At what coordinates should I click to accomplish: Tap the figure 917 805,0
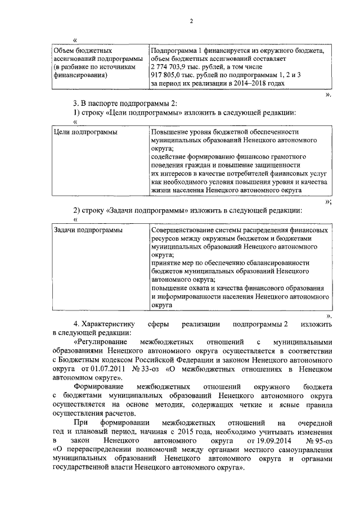click(x=168, y=74)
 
